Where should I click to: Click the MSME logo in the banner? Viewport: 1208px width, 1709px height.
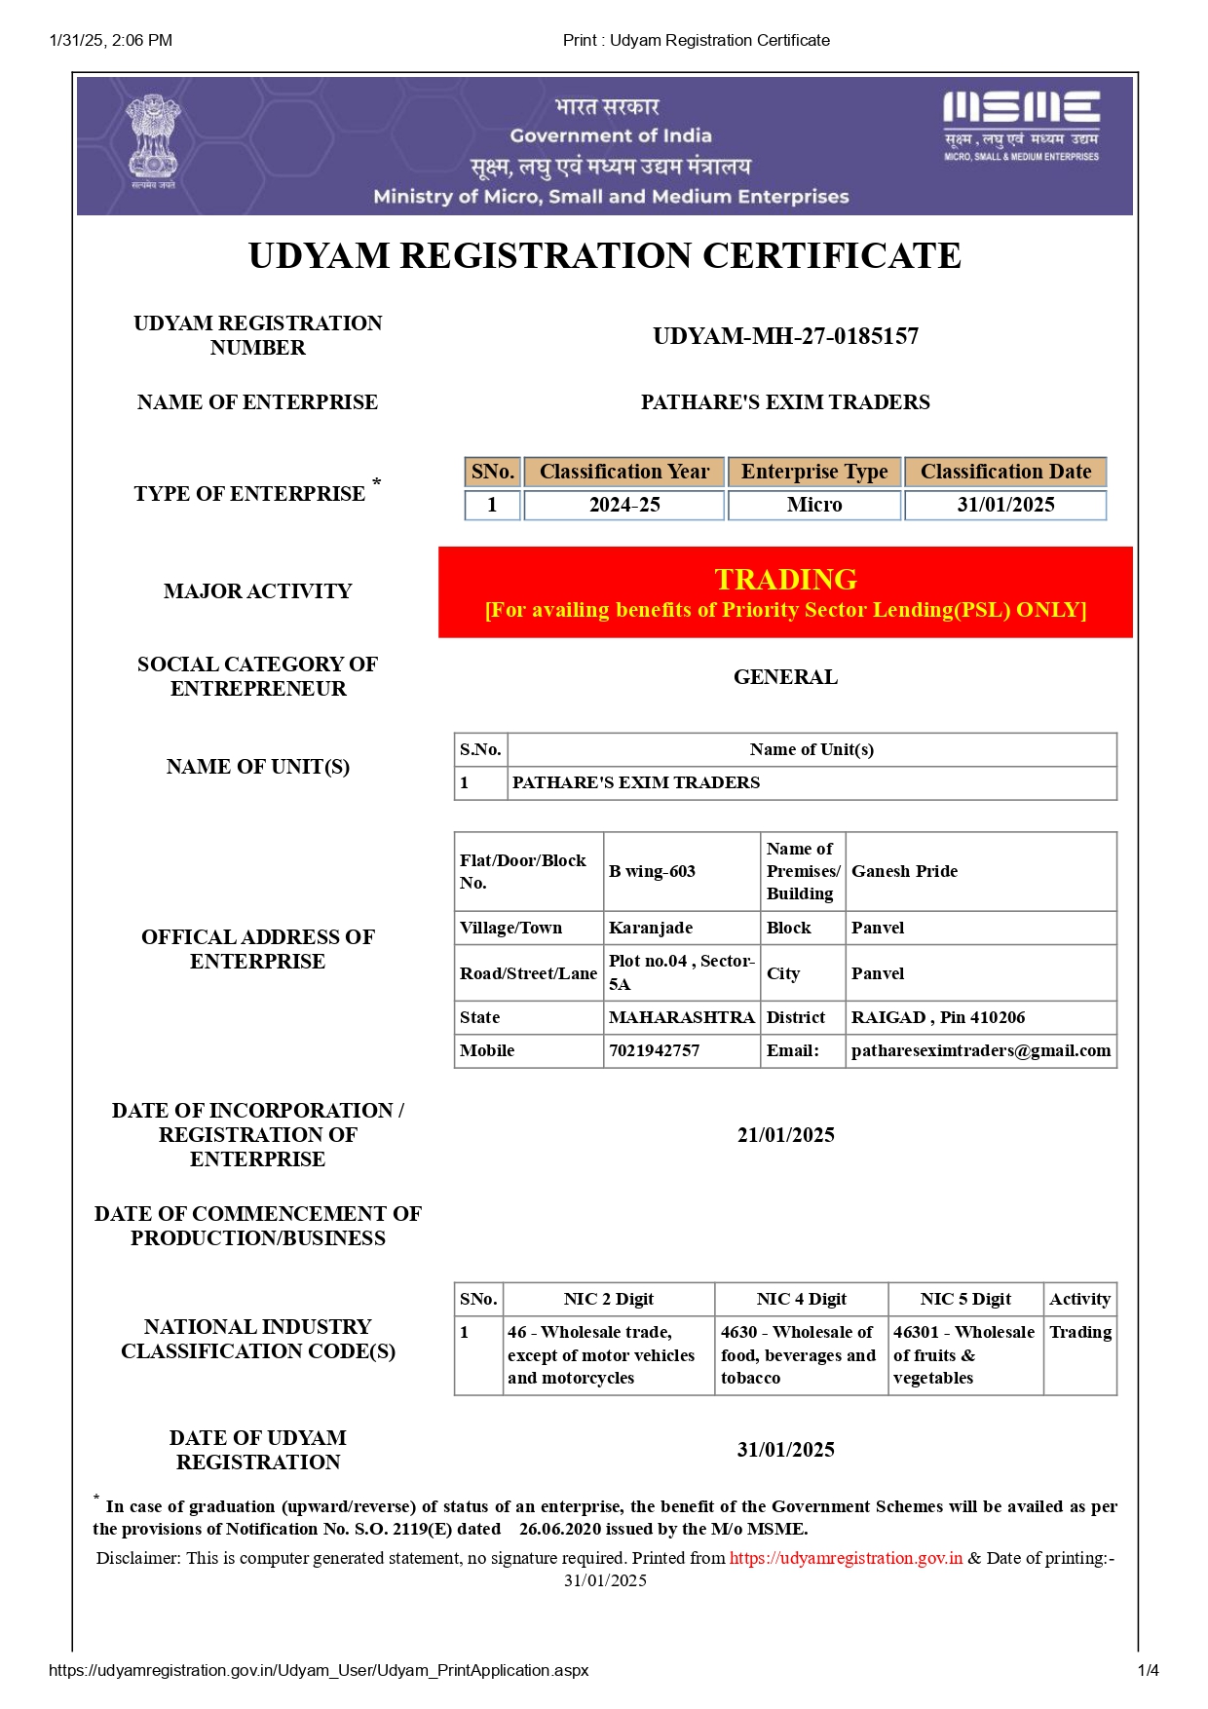click(1021, 125)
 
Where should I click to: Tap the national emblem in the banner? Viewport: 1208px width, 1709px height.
click(153, 140)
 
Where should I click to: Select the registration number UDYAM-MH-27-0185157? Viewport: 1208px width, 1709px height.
click(785, 336)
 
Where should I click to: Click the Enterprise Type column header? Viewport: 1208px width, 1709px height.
click(814, 472)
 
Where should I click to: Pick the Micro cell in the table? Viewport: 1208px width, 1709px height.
click(814, 505)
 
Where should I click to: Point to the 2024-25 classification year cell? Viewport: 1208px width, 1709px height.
click(624, 505)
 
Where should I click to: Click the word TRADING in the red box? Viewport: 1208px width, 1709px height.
click(785, 579)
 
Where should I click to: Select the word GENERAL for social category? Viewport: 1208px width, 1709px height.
click(785, 677)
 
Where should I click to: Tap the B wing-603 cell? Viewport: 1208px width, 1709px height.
click(652, 871)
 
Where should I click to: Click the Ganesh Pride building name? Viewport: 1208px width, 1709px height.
click(904, 871)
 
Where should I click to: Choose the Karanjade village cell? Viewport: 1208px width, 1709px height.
click(651, 928)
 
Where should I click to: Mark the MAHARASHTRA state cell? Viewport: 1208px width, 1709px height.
click(681, 1017)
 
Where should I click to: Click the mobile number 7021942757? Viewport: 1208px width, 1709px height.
click(654, 1050)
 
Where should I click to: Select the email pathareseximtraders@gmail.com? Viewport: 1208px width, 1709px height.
click(980, 1050)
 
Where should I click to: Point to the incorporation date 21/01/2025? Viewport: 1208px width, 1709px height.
click(785, 1135)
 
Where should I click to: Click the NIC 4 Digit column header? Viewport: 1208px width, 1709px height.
click(801, 1299)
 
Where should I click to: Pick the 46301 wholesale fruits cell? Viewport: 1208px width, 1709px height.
click(963, 1354)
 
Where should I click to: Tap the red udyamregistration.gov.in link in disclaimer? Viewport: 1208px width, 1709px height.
click(846, 1558)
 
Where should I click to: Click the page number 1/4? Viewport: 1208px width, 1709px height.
click(1148, 1670)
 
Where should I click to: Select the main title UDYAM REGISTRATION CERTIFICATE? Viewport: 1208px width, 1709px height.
click(604, 255)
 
